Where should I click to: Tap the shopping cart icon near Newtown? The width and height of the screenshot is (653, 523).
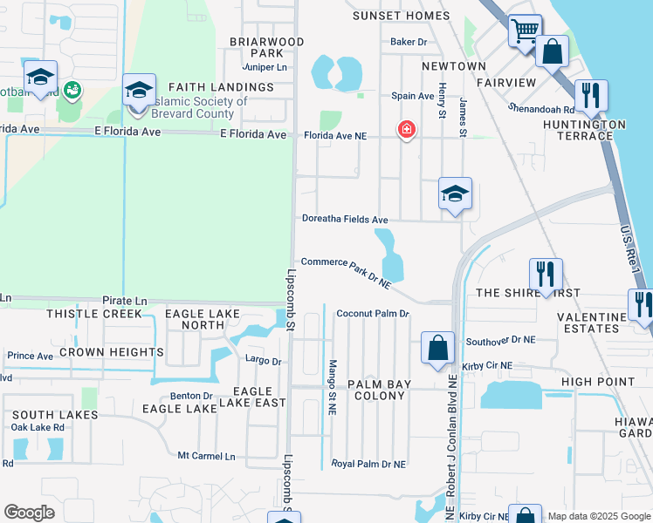pos(525,32)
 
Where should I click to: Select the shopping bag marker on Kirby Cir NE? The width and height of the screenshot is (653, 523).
pos(437,348)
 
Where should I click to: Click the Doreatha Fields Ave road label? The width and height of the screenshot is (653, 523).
pos(345,220)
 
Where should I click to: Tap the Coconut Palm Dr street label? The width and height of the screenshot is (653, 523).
pos(373,314)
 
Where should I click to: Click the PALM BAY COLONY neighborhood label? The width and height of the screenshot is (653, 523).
pos(376,390)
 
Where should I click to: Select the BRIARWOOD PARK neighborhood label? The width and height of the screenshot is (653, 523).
pos(266,47)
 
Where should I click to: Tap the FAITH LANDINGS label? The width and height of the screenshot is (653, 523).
pos(220,87)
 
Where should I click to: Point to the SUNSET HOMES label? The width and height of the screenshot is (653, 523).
pos(401,16)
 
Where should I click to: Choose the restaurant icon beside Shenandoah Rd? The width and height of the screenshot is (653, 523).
pos(591,95)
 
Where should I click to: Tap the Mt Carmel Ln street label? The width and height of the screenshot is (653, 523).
pos(207,456)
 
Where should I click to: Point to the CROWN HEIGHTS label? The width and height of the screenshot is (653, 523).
pos(111,352)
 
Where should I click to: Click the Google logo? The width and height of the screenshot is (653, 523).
pos(29,513)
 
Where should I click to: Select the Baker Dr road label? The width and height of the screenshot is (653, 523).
pos(409,41)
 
